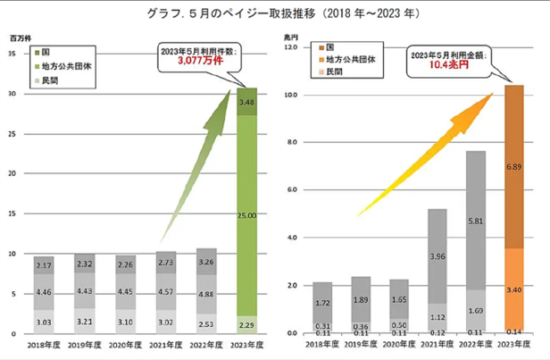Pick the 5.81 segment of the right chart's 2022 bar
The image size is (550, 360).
click(x=476, y=220)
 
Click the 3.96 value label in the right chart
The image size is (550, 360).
click(x=437, y=257)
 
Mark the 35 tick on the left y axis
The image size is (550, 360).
click(x=13, y=54)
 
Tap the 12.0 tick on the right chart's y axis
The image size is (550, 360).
click(x=291, y=46)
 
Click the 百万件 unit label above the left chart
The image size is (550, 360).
click(x=20, y=38)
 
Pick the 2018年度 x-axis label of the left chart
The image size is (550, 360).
click(x=44, y=344)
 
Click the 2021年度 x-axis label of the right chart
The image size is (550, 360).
click(x=437, y=344)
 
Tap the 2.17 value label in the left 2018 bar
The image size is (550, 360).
click(x=44, y=267)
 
